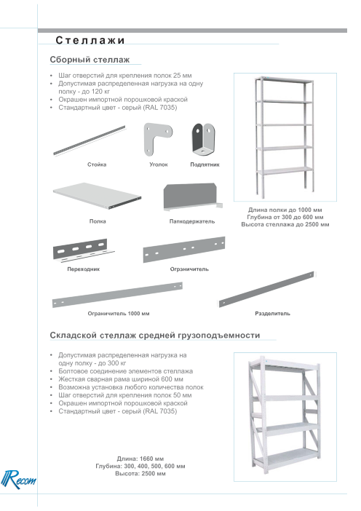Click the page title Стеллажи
point(90,40)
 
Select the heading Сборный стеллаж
point(90,60)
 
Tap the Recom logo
point(18,480)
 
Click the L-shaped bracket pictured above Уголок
point(157,138)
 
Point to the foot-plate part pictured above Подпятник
point(203,140)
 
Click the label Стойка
point(97,165)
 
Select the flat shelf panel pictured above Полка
point(97,196)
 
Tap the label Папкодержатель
point(192,221)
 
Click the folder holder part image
point(192,197)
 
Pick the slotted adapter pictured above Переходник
point(83,250)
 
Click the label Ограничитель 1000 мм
point(118,314)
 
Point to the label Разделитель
point(272,314)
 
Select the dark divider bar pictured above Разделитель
point(266,289)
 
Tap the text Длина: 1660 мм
point(140,459)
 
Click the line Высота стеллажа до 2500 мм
point(285,224)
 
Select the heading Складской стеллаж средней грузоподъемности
point(155,336)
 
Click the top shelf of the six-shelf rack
point(284,80)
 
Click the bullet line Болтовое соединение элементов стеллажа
point(125,371)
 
